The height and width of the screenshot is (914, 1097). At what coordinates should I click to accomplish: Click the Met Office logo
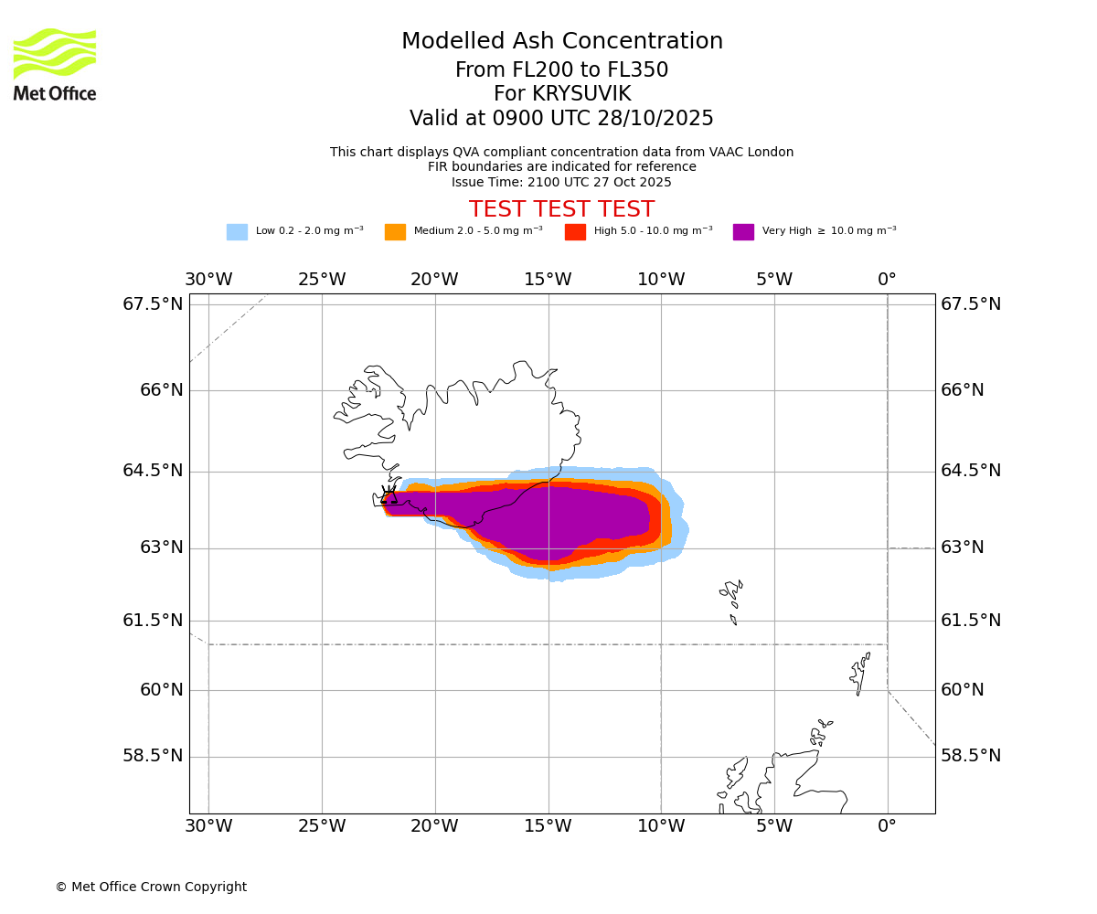click(55, 64)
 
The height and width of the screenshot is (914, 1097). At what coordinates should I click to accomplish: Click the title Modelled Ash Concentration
click(561, 42)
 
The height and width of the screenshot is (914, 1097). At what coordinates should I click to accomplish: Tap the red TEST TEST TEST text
click(561, 210)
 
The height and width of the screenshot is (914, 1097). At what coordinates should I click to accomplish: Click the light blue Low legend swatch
click(237, 232)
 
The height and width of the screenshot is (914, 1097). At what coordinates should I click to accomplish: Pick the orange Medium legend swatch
click(395, 232)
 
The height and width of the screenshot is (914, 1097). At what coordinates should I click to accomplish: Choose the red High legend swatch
click(575, 232)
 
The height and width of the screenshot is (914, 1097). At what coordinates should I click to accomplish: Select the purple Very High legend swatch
click(743, 232)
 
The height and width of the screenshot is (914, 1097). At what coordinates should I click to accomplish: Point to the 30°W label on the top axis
click(208, 280)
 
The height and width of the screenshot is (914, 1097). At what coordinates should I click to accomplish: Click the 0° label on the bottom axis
click(887, 826)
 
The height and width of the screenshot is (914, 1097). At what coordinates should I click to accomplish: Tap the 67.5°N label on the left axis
click(153, 304)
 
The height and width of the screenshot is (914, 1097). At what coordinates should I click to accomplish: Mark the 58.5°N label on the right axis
click(971, 756)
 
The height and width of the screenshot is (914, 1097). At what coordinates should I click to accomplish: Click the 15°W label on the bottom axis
click(548, 826)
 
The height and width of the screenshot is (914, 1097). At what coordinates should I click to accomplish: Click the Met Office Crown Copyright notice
click(151, 887)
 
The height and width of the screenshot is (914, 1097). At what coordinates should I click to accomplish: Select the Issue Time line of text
click(561, 182)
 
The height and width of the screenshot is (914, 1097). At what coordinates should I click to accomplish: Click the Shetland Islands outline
click(860, 674)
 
